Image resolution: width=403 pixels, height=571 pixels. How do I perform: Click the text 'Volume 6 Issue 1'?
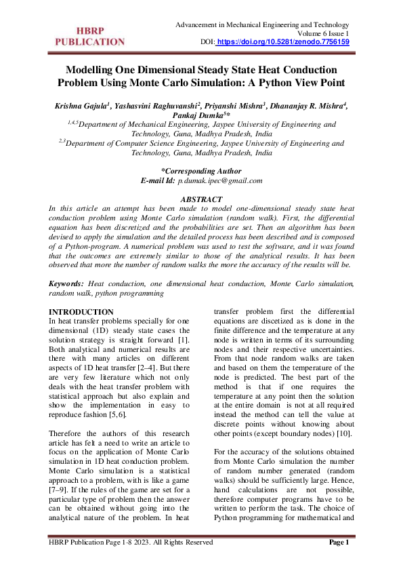[x=323, y=33]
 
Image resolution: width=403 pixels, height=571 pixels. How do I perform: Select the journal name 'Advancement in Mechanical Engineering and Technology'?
[x=262, y=24]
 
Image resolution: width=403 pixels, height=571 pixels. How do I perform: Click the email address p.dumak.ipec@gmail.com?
[x=220, y=181]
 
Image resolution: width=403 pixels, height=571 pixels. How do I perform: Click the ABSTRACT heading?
[x=201, y=199]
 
